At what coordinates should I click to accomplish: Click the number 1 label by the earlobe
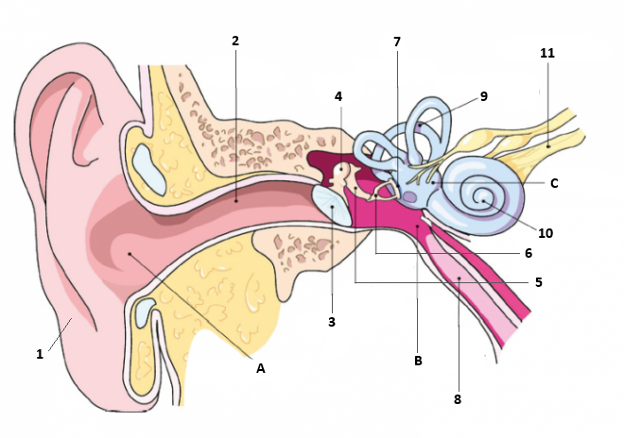click(40, 354)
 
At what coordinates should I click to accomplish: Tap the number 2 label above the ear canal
click(235, 41)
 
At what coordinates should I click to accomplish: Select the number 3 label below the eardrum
click(332, 322)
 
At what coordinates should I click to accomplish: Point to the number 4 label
click(338, 96)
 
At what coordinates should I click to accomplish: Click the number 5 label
click(539, 282)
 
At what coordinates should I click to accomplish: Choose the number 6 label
click(529, 253)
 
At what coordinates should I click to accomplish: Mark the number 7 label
click(397, 42)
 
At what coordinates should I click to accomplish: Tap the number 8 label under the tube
click(458, 399)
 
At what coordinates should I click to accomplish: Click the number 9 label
click(484, 96)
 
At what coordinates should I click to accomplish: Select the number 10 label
click(546, 233)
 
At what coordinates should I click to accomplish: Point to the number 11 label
click(547, 53)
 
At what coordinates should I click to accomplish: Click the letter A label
click(261, 368)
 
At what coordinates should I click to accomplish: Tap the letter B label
click(418, 361)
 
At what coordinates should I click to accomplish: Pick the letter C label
click(554, 183)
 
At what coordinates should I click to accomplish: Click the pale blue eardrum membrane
click(332, 206)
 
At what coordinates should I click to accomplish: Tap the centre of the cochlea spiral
click(483, 201)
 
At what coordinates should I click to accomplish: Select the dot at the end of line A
click(130, 254)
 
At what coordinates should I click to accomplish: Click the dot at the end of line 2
click(236, 201)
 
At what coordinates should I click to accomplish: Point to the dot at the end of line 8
click(459, 278)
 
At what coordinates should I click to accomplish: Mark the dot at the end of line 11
click(548, 146)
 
